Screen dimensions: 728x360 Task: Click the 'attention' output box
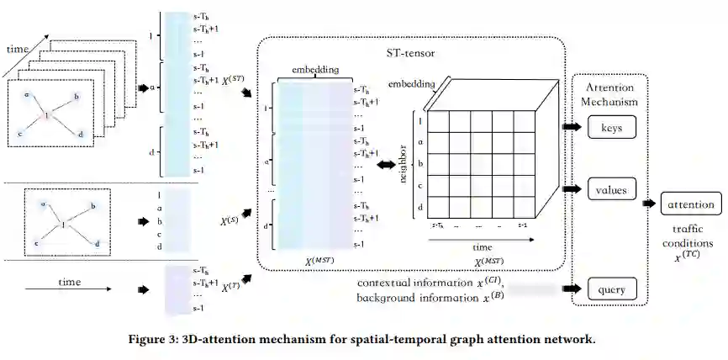691,204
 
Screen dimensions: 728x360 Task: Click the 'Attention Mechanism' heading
609,93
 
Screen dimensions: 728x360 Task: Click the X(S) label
229,221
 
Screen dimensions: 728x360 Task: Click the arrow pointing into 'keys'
572,128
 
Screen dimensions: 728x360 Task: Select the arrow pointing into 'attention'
651,204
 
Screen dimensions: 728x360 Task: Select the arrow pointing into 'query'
572,290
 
